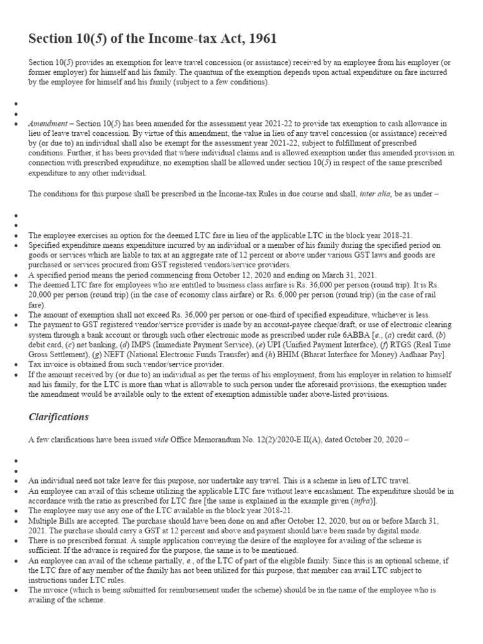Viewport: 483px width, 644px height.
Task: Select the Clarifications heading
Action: click(x=58, y=417)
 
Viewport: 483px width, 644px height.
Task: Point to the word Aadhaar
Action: click(x=408, y=355)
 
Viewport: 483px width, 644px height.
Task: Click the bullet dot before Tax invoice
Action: click(x=15, y=365)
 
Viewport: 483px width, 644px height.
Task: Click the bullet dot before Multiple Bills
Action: click(x=15, y=521)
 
